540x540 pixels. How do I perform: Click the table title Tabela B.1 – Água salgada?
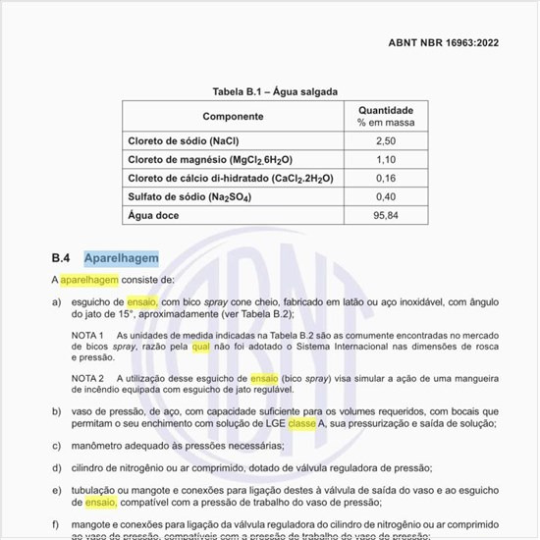(x=275, y=91)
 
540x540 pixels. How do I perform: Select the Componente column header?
(x=233, y=117)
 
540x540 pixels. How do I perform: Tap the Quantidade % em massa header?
(x=385, y=117)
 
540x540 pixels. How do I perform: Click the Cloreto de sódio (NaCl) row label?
(x=184, y=140)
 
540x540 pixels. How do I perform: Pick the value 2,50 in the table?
(x=385, y=140)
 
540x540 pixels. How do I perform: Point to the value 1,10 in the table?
(x=385, y=159)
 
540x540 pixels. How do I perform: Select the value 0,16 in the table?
(x=385, y=178)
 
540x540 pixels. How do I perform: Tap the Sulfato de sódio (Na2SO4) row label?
(x=189, y=196)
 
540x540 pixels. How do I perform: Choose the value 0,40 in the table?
(x=385, y=196)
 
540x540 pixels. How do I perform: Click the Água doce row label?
(x=154, y=215)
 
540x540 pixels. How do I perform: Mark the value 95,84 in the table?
(x=385, y=215)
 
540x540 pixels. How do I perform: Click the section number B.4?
(x=61, y=258)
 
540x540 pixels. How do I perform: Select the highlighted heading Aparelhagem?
(x=121, y=258)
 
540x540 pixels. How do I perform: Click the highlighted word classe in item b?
(x=301, y=422)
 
